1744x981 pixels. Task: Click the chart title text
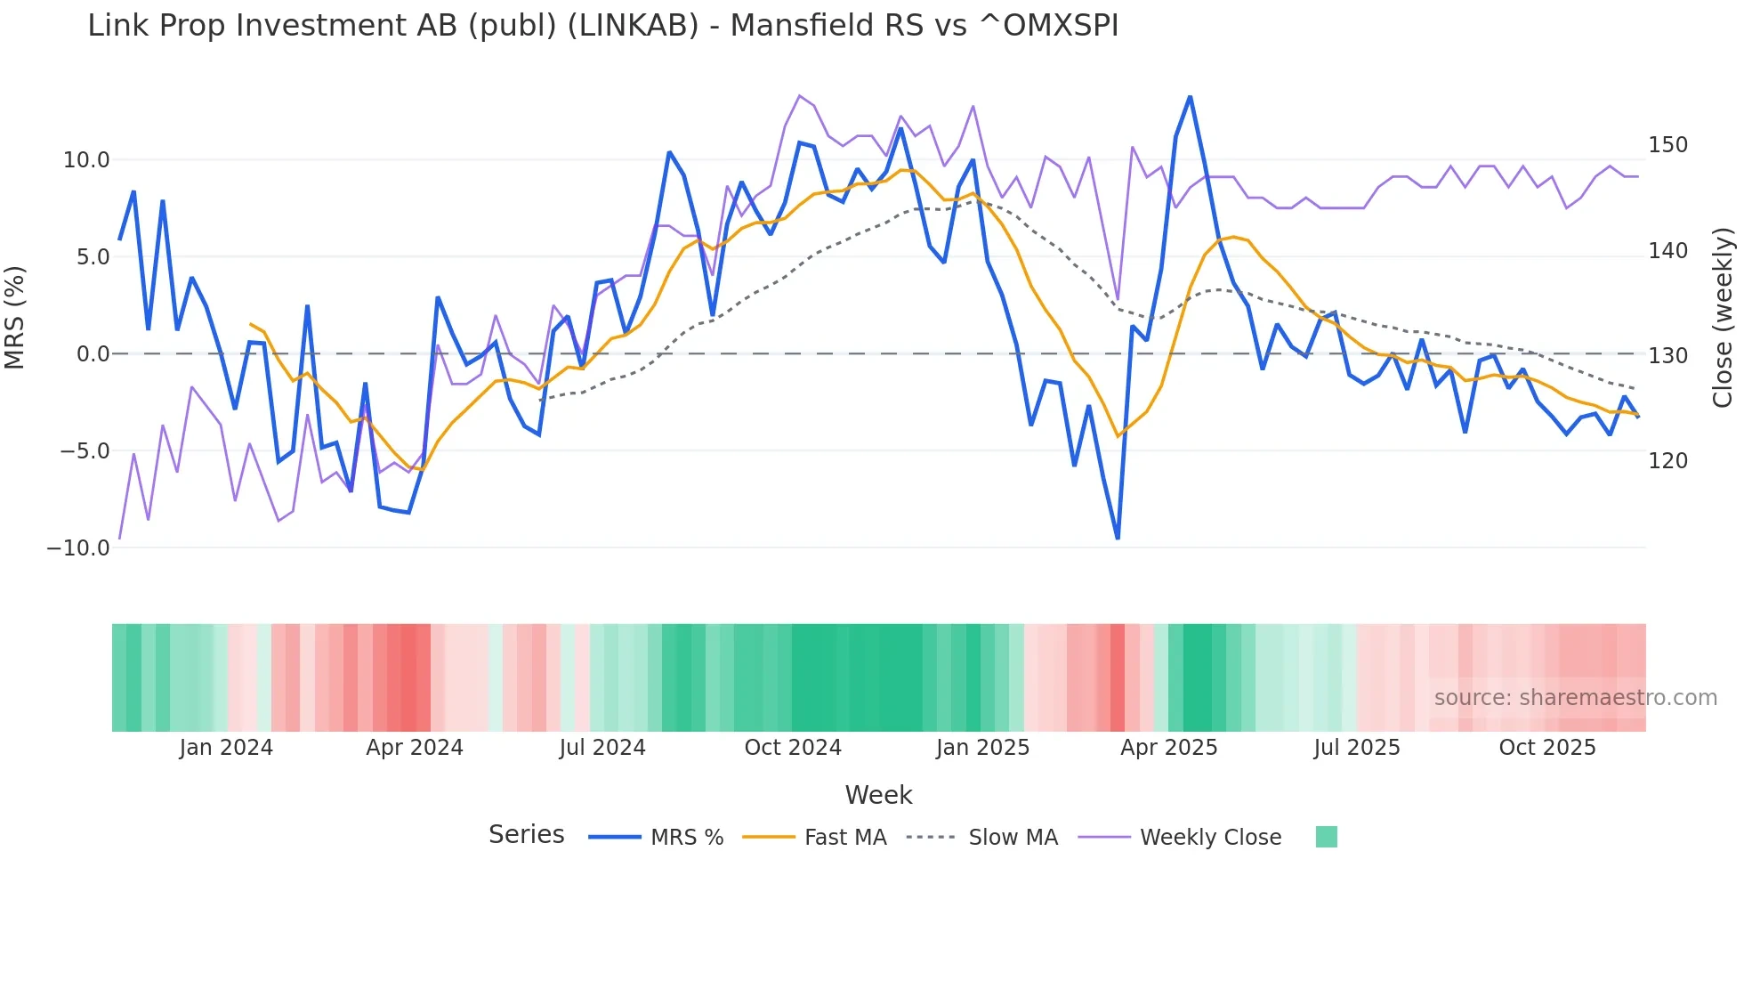602,26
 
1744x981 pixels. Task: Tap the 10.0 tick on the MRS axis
85,160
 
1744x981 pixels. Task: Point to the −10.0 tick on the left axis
78,548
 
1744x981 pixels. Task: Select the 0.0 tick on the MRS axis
93,354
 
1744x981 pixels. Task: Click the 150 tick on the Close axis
1667,145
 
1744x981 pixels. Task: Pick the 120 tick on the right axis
1667,461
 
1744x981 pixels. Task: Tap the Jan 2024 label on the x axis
226,748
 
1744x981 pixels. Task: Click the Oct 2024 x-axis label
793,748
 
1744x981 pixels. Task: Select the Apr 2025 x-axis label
1168,748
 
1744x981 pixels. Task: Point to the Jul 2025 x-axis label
1357,748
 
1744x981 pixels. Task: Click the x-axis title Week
878,795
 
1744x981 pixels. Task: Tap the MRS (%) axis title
15,317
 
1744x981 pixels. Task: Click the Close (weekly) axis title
1724,317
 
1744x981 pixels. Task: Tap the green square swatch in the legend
1326,837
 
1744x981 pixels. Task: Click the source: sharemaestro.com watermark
1575,698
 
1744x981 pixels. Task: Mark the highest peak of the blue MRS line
1190,97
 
